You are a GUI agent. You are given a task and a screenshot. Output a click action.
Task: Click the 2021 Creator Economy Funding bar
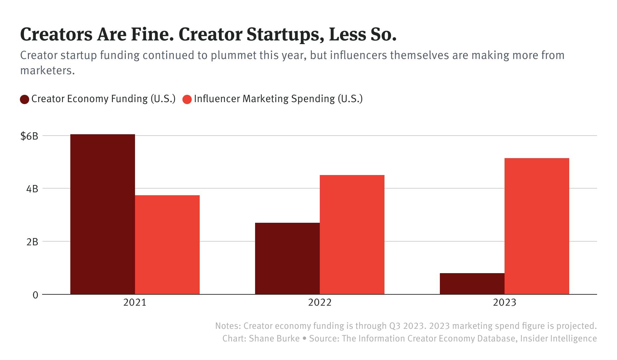(103, 214)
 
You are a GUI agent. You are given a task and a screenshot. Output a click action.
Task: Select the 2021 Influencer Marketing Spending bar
(167, 245)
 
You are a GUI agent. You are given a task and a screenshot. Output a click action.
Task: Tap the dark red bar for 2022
(287, 259)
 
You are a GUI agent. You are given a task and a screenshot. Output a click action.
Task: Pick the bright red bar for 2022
(352, 235)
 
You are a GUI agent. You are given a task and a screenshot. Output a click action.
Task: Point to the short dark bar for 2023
(472, 284)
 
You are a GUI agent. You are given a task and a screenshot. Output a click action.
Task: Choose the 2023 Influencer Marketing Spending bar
(536, 226)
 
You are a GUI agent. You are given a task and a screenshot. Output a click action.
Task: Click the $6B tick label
(29, 136)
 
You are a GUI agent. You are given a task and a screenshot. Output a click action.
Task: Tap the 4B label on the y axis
(32, 189)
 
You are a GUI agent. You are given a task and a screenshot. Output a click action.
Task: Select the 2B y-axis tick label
(32, 242)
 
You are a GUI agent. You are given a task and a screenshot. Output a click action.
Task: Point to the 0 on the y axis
(35, 295)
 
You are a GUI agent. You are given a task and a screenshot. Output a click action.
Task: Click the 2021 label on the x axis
(135, 303)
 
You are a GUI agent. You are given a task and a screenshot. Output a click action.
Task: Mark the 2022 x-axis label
(319, 303)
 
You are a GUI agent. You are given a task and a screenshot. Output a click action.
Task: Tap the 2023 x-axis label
(504, 303)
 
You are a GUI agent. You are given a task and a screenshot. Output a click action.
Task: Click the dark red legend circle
(25, 99)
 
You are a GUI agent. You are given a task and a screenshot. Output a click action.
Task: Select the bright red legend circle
(187, 99)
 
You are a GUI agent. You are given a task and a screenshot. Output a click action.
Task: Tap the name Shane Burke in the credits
(274, 338)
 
